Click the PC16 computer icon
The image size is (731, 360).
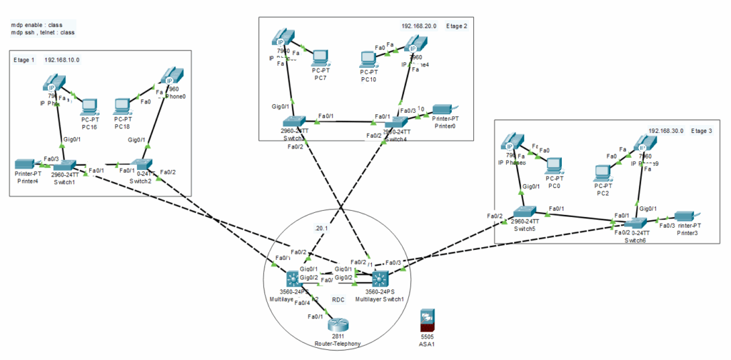point(89,107)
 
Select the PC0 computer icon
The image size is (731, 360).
point(555,164)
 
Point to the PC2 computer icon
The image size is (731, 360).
point(603,172)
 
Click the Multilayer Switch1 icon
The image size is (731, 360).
point(378,279)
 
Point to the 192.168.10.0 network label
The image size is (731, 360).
point(62,60)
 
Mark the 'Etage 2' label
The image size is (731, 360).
point(456,26)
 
